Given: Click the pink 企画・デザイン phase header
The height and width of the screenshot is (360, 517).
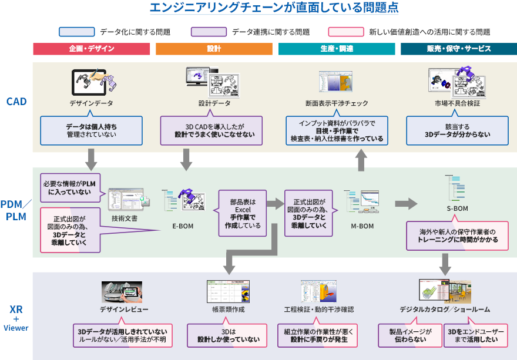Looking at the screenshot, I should [x=91, y=49].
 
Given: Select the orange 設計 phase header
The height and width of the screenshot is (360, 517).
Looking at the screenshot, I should [x=214, y=49].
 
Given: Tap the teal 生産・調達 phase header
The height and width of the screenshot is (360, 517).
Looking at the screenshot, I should [x=337, y=49].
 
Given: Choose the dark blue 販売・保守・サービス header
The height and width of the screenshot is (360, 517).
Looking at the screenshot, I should [x=459, y=49].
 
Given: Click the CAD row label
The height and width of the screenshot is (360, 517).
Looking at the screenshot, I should [x=16, y=102].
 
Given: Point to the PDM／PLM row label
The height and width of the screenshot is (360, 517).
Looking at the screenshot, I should [x=16, y=210].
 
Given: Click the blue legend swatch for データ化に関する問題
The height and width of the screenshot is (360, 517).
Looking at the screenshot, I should [x=76, y=32].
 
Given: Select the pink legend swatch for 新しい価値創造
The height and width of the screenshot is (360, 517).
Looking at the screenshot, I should [x=346, y=32].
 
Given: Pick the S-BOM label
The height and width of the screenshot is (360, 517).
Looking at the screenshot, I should [x=457, y=208].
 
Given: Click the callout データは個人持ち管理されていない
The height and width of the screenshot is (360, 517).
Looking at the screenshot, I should [x=91, y=130].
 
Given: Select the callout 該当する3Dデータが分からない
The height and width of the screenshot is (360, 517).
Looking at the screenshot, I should [x=458, y=130].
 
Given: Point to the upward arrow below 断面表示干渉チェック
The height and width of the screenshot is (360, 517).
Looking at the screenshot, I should [x=361, y=160].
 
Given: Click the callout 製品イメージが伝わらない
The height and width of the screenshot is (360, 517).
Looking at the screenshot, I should [x=409, y=335].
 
